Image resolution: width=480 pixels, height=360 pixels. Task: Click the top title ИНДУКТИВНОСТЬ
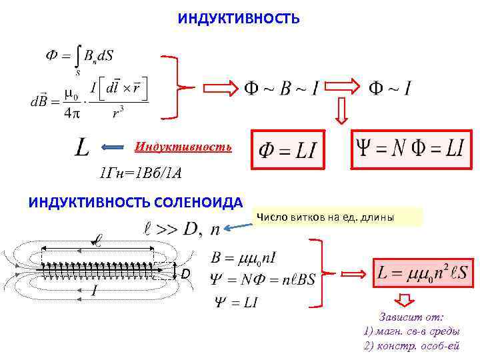pos(239,19)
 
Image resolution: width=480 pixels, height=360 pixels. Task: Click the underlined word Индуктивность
pos(183,146)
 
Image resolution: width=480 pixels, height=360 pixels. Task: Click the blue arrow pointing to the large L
pos(116,147)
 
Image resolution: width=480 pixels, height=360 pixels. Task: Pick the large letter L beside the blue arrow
pos(81,147)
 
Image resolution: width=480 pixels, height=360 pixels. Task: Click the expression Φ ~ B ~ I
pos(280,87)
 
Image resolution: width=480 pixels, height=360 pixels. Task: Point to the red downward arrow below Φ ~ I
pos(342,111)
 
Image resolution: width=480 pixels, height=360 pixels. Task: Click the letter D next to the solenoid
pos(186,274)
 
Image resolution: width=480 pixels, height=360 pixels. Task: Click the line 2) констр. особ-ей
pos(412,345)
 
